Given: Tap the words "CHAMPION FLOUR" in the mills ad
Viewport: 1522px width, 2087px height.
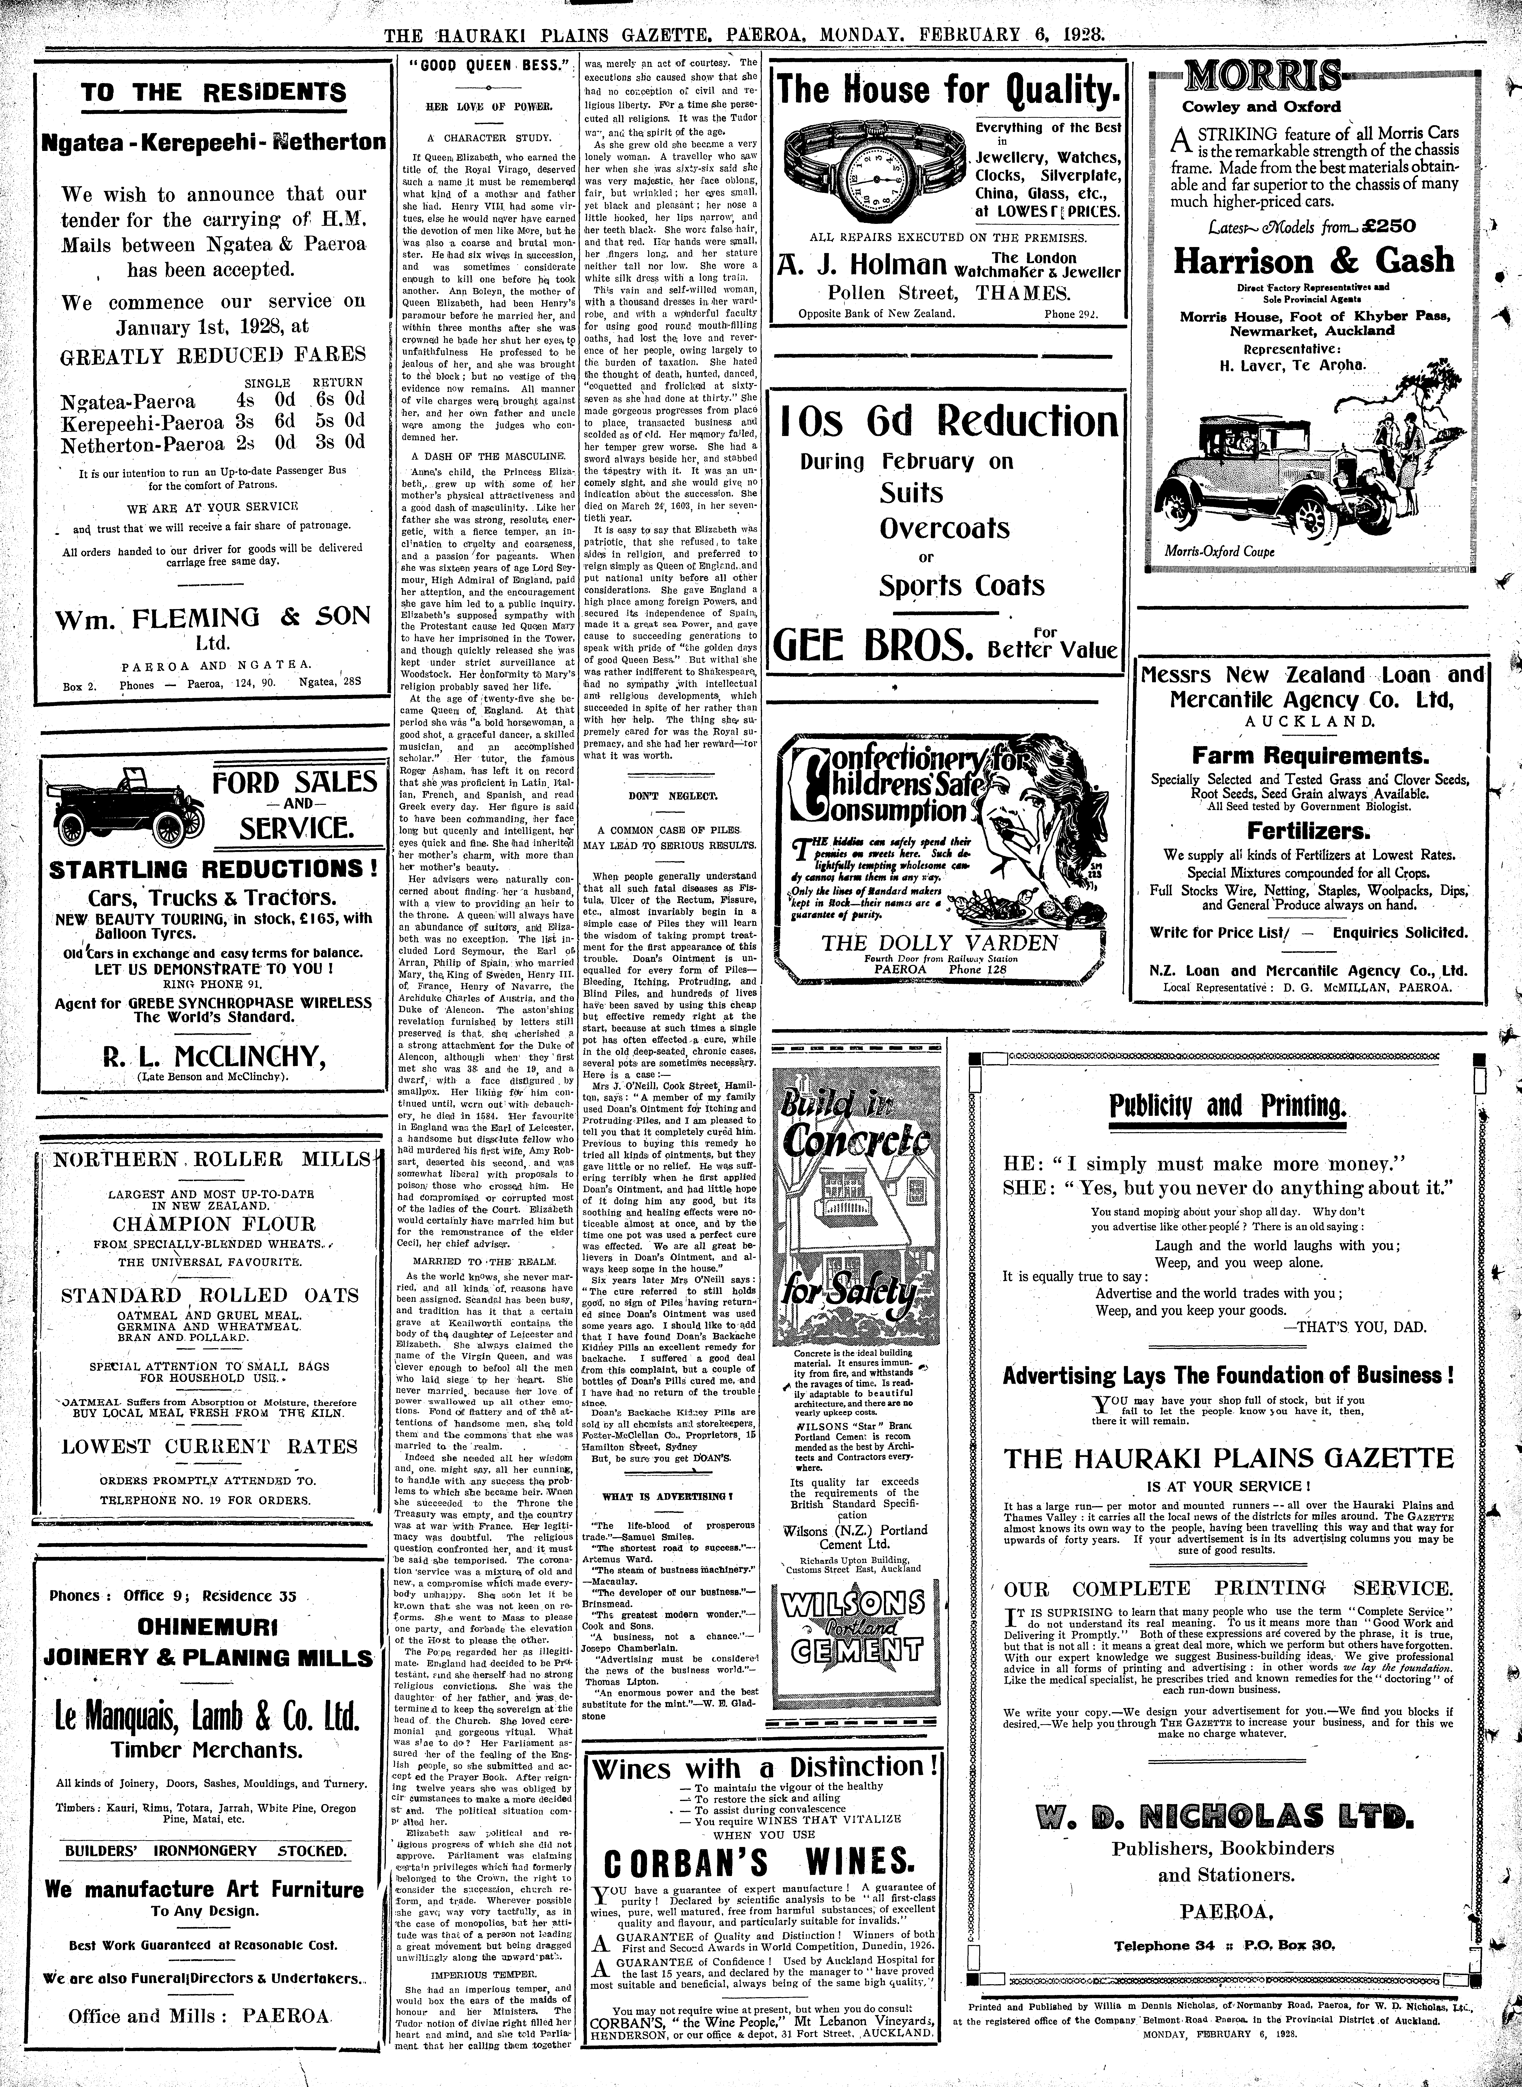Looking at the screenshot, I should pos(214,1224).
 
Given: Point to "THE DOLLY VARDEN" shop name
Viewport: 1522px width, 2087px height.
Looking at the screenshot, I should pos(940,942).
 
